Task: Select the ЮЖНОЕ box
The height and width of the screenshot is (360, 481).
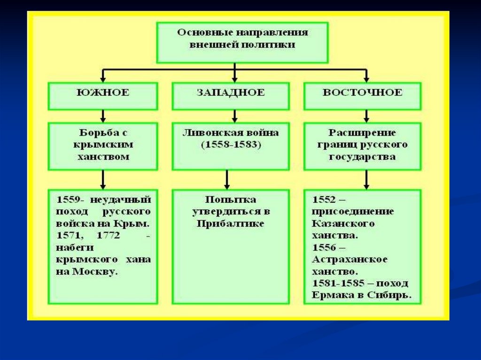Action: coord(103,93)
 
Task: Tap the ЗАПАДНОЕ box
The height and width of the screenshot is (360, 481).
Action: coord(230,93)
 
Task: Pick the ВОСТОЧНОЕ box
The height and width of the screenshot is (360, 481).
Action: coord(362,93)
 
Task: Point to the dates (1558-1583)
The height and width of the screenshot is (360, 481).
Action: coord(230,145)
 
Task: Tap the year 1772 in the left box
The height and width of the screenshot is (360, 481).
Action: coord(109,235)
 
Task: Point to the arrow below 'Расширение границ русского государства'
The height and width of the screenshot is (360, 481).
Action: coord(367,179)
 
